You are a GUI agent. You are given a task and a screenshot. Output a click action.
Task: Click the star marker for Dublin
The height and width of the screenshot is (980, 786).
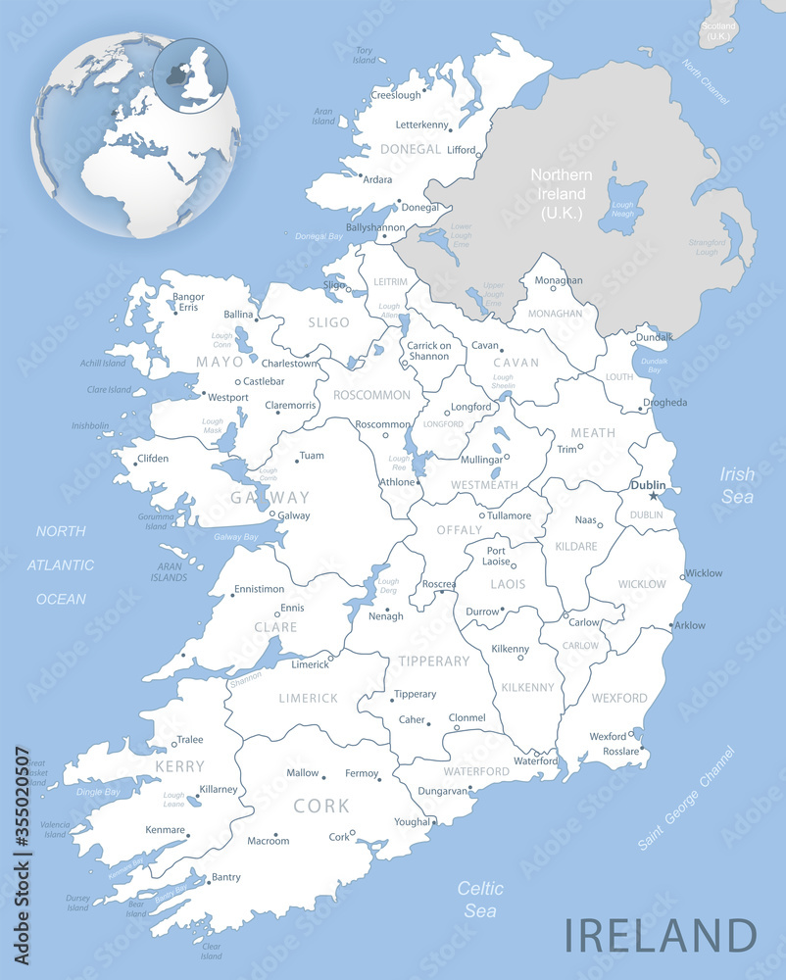click(x=654, y=496)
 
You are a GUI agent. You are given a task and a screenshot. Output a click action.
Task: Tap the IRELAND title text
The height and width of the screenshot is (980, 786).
click(x=660, y=935)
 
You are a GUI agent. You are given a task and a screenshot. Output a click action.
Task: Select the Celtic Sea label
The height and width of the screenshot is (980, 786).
click(x=480, y=900)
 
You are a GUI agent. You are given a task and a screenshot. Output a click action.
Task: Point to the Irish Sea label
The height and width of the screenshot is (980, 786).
click(x=737, y=485)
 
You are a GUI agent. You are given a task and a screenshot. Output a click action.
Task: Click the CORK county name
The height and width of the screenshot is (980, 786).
click(x=321, y=806)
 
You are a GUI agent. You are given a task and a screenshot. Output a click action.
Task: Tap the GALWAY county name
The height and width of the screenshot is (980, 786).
click(x=270, y=497)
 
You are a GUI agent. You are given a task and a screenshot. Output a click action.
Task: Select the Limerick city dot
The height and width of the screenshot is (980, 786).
click(x=331, y=659)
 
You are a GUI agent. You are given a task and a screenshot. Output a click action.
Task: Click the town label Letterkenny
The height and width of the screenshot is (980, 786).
click(x=422, y=125)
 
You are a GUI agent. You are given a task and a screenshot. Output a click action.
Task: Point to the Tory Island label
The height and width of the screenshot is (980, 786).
click(x=365, y=55)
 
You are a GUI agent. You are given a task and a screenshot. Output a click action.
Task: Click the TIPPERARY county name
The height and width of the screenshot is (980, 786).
click(x=434, y=661)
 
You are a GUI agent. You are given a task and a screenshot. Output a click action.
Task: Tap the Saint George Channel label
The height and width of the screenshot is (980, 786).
click(x=685, y=799)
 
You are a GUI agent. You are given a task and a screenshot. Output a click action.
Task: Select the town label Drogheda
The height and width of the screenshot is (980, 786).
click(x=664, y=402)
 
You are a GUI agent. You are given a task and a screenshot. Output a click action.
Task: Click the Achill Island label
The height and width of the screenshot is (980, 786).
click(x=103, y=363)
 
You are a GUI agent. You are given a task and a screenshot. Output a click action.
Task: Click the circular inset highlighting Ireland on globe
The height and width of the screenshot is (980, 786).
click(x=190, y=73)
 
